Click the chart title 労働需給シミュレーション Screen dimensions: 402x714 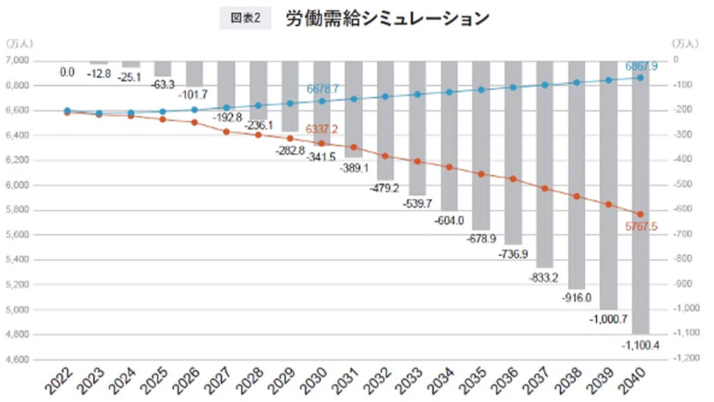(x=387, y=19)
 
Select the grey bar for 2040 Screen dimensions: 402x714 (x=641, y=209)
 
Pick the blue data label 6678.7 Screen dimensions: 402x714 (x=321, y=90)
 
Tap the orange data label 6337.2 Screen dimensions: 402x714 (x=321, y=130)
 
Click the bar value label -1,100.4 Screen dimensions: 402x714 (x=641, y=343)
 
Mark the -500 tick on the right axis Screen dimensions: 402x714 (x=687, y=185)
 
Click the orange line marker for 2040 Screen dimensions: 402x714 (x=641, y=214)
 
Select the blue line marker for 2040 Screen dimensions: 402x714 (x=641, y=77)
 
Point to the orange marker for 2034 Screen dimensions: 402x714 (x=449, y=167)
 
